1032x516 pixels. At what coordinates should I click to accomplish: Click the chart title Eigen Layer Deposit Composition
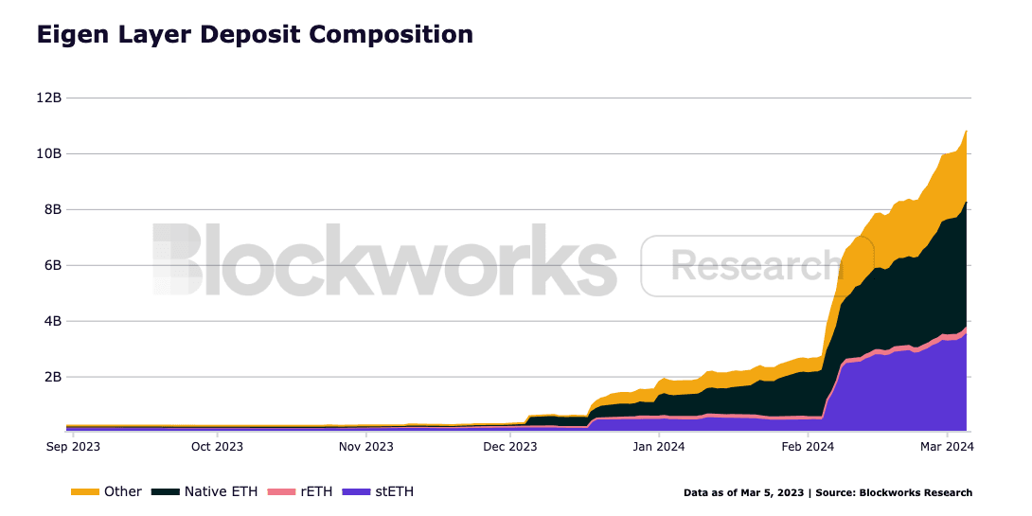click(x=255, y=35)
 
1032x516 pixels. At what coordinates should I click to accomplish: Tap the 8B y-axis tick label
click(x=54, y=209)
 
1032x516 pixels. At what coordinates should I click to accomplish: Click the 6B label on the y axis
click(x=54, y=265)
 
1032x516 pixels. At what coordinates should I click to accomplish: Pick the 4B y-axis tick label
click(x=54, y=321)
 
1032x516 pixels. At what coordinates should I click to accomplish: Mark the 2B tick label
click(x=54, y=377)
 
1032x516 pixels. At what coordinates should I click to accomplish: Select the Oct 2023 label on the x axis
click(x=217, y=446)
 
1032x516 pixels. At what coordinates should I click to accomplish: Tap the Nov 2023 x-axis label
click(x=365, y=446)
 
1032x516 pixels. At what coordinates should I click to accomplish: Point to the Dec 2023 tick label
click(x=510, y=446)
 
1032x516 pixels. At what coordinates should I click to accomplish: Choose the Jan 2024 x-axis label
click(x=659, y=446)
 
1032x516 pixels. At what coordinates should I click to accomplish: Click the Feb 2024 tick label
click(x=808, y=446)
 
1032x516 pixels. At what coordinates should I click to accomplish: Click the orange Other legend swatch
click(x=84, y=492)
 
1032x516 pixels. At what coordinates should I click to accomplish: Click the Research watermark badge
click(x=755, y=266)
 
